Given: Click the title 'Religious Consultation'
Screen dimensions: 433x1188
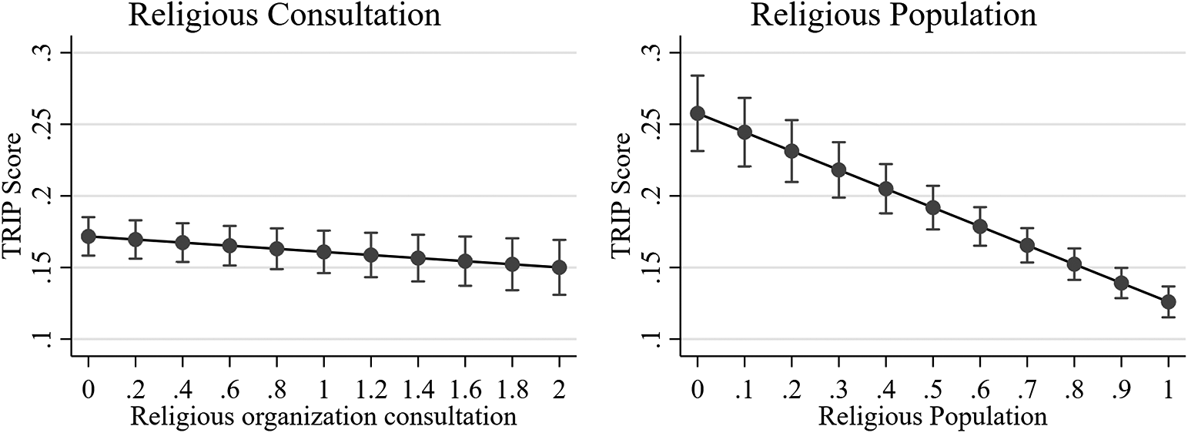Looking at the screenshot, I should click(284, 15).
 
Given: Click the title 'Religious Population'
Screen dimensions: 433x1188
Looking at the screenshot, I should click(894, 15).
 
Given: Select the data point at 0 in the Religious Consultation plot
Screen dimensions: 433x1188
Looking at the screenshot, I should click(89, 237).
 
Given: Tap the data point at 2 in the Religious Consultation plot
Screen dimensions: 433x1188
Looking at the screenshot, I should click(559, 267).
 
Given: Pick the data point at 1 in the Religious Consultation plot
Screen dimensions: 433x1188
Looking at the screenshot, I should click(323, 252).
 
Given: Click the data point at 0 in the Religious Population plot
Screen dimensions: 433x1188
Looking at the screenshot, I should click(698, 113).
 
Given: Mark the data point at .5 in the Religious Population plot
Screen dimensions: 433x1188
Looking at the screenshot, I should click(932, 207).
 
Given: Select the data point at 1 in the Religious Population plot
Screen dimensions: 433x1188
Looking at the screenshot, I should click(1168, 301).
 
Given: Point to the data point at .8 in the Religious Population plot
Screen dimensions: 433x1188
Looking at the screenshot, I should click(1074, 264).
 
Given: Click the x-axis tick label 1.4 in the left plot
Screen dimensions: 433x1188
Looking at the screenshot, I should click(417, 390).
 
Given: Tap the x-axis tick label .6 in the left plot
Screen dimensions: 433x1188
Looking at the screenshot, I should click(229, 390).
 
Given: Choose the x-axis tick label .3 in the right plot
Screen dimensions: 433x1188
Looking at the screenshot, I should click(838, 390).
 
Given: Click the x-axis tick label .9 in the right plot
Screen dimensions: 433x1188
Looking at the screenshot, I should click(1121, 390).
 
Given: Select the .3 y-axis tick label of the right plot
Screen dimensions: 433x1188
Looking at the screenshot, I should click(655, 52).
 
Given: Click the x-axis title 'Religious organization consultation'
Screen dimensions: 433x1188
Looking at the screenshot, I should click(323, 417).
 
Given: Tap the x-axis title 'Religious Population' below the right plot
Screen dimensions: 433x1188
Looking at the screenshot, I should click(932, 417).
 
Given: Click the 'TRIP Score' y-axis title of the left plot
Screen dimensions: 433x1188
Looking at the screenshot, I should click(17, 196).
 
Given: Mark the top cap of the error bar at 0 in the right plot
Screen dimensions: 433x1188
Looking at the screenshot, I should click(698, 76).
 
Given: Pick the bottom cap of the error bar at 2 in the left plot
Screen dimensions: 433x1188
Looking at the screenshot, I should click(559, 294).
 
